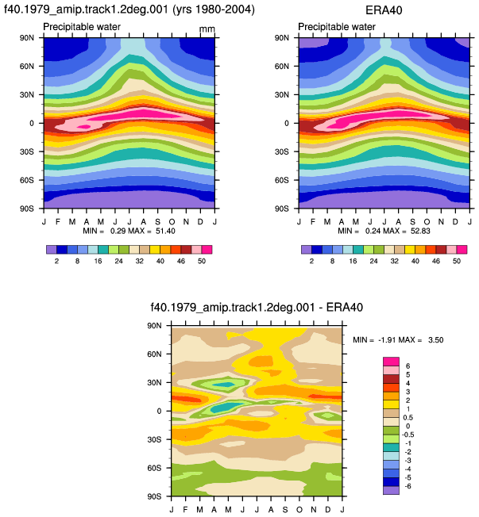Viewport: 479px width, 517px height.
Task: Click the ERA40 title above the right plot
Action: [384, 10]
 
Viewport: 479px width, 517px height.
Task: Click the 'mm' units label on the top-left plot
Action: [207, 29]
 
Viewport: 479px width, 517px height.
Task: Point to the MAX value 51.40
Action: [165, 231]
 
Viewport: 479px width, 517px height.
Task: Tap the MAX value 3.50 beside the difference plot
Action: [436, 340]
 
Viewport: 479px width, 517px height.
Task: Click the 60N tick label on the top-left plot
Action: [27, 67]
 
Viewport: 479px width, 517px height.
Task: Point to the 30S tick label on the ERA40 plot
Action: [282, 151]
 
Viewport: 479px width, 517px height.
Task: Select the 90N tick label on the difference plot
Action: [154, 326]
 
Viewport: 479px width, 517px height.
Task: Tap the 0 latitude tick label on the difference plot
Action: [159, 412]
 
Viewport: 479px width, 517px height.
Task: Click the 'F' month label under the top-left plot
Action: [58, 221]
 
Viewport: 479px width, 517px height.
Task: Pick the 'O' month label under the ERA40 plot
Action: [427, 221]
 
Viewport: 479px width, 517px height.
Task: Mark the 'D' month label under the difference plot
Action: [328, 510]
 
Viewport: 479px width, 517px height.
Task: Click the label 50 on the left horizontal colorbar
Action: [202, 261]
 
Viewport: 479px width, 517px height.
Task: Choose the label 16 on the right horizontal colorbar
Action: [353, 261]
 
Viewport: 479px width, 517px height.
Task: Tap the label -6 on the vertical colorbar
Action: [408, 486]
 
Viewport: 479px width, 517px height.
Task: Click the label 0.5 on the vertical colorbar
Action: [408, 417]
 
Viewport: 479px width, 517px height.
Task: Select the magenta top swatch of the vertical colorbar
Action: [391, 362]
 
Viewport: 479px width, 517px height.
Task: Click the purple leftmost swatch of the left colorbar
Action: [52, 250]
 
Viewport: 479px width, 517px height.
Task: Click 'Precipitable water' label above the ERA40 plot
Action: [337, 27]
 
